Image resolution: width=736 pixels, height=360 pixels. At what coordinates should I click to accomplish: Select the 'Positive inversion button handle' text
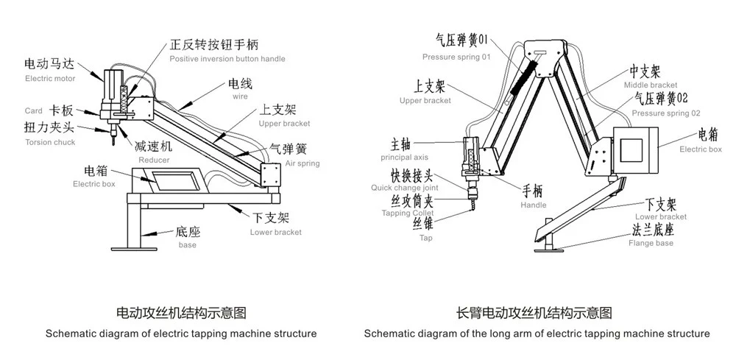[227, 59]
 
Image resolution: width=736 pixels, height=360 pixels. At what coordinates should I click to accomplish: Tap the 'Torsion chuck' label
[49, 142]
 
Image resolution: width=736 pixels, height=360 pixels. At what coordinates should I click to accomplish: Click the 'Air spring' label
[302, 163]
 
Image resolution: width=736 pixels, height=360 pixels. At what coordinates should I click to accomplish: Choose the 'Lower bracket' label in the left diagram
[276, 232]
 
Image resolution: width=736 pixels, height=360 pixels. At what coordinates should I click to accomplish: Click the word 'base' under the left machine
[188, 244]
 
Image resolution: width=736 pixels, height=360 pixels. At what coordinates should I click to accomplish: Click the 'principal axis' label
[405, 158]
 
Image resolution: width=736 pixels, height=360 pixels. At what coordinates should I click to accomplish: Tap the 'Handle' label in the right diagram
[533, 205]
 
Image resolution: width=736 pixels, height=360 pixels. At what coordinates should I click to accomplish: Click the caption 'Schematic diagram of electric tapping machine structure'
[181, 333]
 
